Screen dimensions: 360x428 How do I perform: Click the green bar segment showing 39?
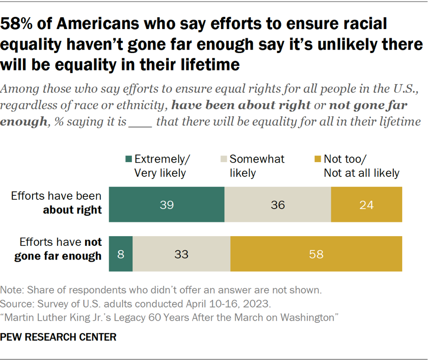point(167,205)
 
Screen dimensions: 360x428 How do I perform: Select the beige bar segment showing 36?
point(278,205)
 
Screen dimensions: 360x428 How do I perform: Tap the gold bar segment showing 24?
point(366,205)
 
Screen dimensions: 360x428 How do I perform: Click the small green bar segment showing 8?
point(121,254)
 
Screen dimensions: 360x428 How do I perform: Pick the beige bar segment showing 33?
point(181,254)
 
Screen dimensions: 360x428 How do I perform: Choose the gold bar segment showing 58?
point(316,254)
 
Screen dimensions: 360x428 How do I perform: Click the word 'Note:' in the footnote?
point(13,290)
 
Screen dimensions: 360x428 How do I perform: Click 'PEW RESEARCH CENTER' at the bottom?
point(59,337)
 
